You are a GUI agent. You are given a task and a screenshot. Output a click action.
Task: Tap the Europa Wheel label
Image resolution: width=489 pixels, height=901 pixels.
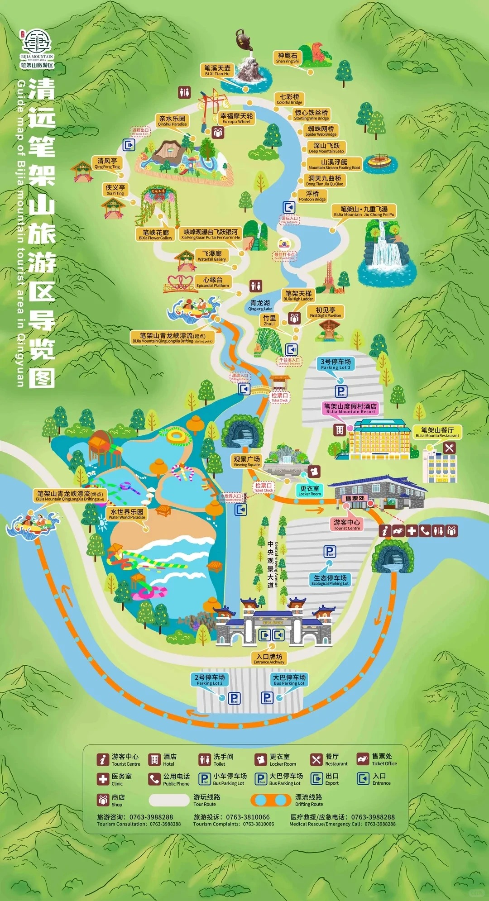click(x=236, y=118)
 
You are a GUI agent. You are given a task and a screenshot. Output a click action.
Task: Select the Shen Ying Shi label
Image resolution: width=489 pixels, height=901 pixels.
click(x=288, y=57)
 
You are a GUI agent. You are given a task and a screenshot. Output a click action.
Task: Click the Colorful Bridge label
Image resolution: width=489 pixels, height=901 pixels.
click(x=289, y=99)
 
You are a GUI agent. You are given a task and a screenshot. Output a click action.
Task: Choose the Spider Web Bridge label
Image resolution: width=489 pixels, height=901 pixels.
click(x=321, y=131)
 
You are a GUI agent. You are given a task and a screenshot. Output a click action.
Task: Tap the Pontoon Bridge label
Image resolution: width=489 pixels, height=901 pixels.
click(x=312, y=195)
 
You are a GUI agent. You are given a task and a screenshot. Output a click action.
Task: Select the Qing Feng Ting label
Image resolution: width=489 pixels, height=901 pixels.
click(x=107, y=163)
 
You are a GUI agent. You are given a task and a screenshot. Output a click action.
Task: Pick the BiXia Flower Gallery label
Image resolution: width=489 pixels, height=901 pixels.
click(x=155, y=234)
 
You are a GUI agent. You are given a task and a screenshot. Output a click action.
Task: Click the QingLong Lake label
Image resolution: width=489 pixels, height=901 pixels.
click(x=260, y=305)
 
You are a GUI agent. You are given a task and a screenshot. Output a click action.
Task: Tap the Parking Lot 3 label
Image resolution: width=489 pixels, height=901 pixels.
click(x=336, y=364)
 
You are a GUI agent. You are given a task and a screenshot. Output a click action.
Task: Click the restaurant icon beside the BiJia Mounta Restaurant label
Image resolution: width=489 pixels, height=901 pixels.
click(x=449, y=448)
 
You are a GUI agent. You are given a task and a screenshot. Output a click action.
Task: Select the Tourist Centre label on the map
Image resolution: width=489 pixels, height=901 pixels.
click(x=347, y=524)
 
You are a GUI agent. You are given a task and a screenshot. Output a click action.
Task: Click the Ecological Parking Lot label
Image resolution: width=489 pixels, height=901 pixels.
click(x=330, y=580)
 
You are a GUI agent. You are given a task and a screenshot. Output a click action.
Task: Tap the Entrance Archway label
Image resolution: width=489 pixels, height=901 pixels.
click(x=269, y=658)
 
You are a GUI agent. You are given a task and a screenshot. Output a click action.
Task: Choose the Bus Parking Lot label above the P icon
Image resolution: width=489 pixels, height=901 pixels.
click(x=289, y=680)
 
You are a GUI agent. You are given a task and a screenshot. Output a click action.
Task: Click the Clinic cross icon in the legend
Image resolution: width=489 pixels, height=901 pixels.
click(x=103, y=778)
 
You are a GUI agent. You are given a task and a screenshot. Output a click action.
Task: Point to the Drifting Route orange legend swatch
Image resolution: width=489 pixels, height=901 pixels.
click(x=271, y=800)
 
